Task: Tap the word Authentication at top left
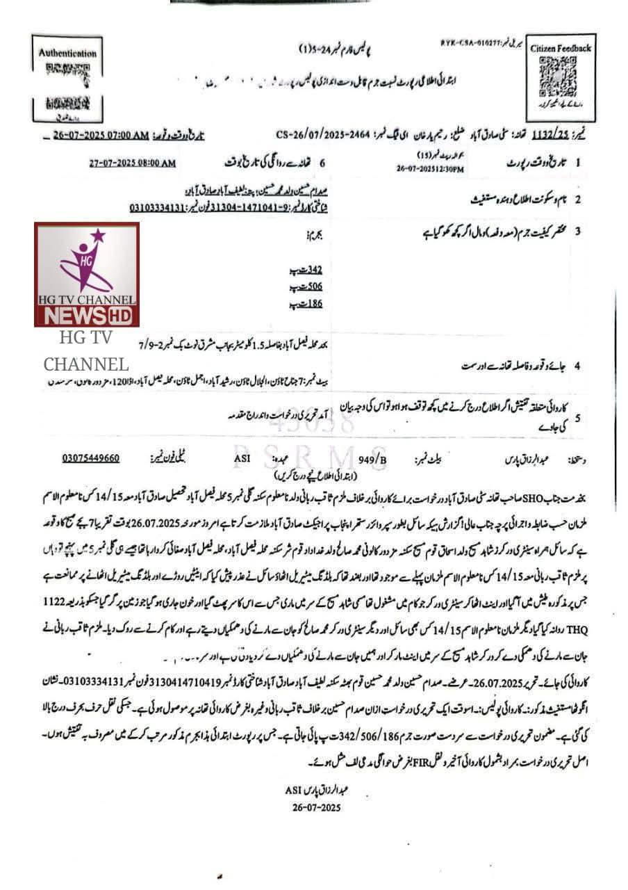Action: point(68,53)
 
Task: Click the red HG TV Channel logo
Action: point(87,274)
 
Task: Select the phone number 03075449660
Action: point(91,458)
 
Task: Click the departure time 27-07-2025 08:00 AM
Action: point(133,163)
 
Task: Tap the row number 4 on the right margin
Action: point(577,366)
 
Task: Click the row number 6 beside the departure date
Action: point(322,163)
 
